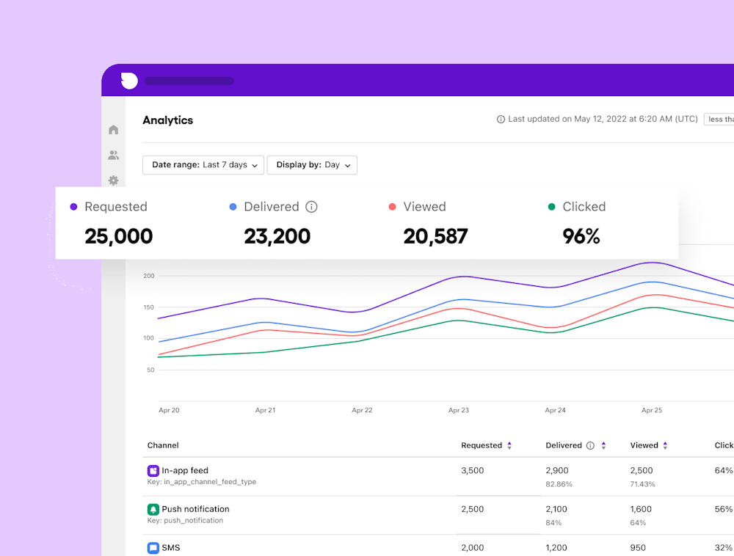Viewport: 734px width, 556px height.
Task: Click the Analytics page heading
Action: coord(167,120)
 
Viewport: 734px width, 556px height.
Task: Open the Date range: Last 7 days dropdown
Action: coord(203,165)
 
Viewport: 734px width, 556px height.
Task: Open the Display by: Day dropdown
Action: coord(312,165)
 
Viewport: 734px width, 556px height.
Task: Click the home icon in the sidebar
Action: coord(113,130)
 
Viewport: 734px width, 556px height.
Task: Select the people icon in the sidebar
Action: coord(113,156)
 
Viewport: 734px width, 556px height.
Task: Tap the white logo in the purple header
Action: coord(129,81)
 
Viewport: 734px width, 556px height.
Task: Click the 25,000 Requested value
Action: coord(118,236)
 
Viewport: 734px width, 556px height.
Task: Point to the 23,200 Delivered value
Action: coord(277,236)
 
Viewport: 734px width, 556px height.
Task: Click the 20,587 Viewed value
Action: coord(435,236)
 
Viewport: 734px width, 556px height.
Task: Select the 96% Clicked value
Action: coord(581,236)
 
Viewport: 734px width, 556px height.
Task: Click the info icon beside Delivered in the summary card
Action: coord(311,207)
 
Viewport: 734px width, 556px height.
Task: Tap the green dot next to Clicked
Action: coord(551,207)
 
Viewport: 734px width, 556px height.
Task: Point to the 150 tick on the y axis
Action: coord(149,307)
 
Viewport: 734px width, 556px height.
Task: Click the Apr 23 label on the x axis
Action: coord(459,410)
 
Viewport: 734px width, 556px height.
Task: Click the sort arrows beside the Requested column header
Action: coord(509,445)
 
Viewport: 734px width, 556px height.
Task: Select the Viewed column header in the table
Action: coord(644,445)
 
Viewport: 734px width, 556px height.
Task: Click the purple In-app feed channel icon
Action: coord(153,471)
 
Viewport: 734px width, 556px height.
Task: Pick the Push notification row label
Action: coord(195,509)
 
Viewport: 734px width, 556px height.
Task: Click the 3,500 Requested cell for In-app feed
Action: coord(472,471)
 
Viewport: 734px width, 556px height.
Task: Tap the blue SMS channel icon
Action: coord(153,548)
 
